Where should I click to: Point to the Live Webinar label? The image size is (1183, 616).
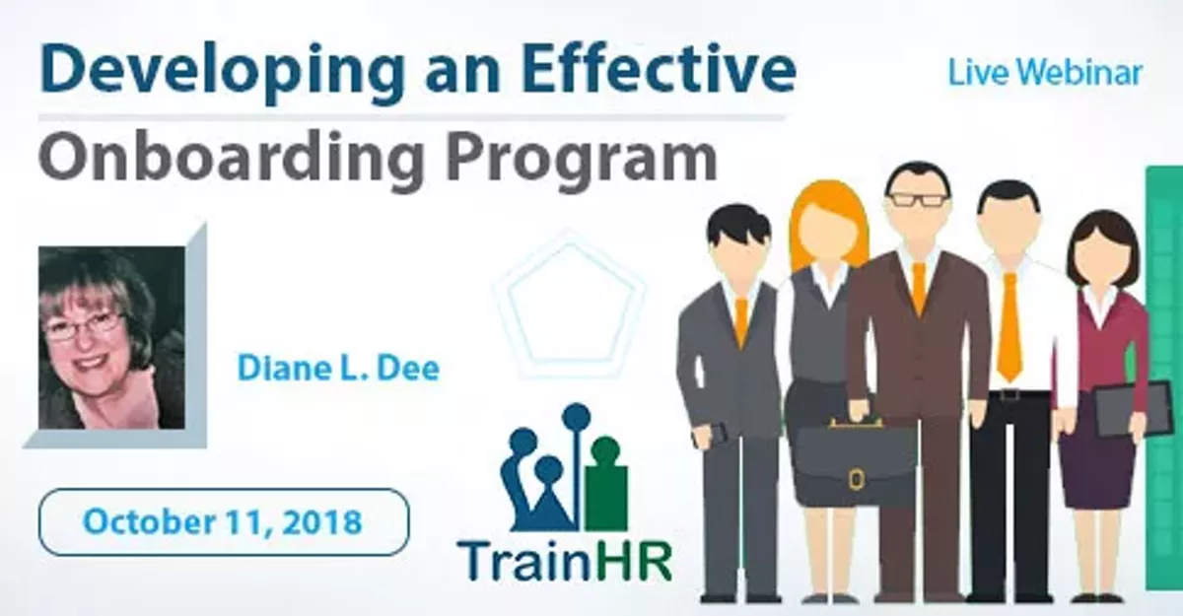click(1045, 72)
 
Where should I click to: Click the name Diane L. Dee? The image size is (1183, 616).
click(337, 368)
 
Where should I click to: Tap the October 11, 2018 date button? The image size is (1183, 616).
click(223, 521)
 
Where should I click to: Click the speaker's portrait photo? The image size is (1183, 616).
click(111, 337)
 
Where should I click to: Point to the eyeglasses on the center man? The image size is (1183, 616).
click(917, 199)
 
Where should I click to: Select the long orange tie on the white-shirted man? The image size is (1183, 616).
click(1009, 325)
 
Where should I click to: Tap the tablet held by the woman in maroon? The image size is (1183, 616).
click(1118, 407)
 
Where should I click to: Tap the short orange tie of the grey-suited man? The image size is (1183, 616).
click(741, 321)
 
